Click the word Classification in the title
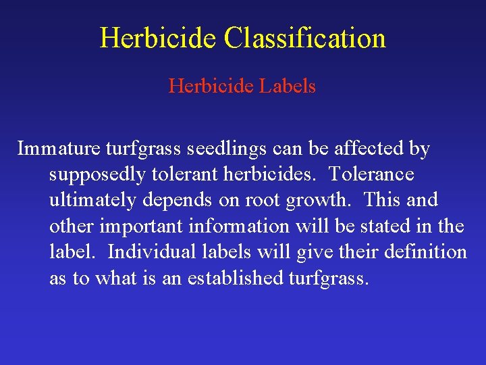[x=305, y=39]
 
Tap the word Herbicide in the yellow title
[x=159, y=39]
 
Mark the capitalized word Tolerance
[x=371, y=174]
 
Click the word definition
[x=425, y=252]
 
